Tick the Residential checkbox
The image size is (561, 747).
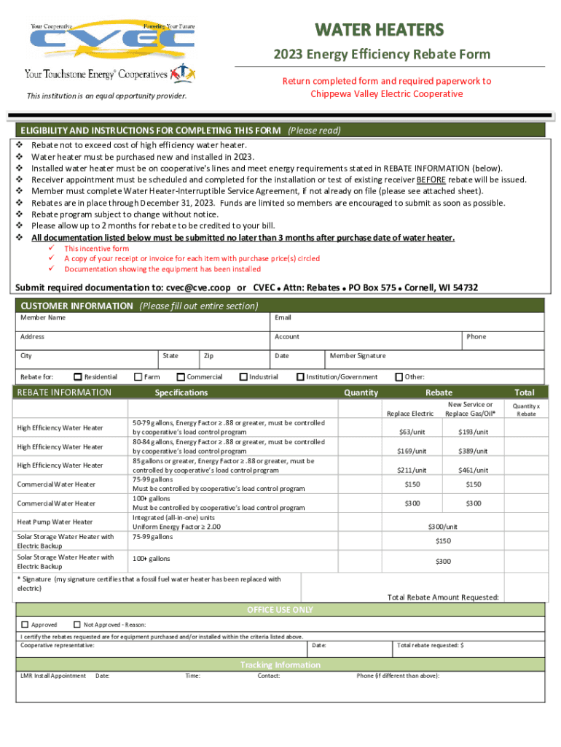78,377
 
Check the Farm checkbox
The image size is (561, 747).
138,377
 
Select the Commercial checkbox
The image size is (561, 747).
180,377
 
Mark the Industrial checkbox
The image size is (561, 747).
243,377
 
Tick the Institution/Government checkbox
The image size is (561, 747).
300,377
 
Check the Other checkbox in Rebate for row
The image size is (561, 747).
399,377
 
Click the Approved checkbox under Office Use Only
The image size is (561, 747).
25,624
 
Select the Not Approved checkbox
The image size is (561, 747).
77,624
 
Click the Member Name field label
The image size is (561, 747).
43,318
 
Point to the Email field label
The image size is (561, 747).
283,318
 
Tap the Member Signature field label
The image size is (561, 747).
358,356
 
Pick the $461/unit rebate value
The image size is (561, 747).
473,471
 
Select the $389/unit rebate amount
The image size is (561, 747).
473,452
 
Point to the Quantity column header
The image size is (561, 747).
361,392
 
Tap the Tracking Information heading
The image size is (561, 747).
280,665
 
